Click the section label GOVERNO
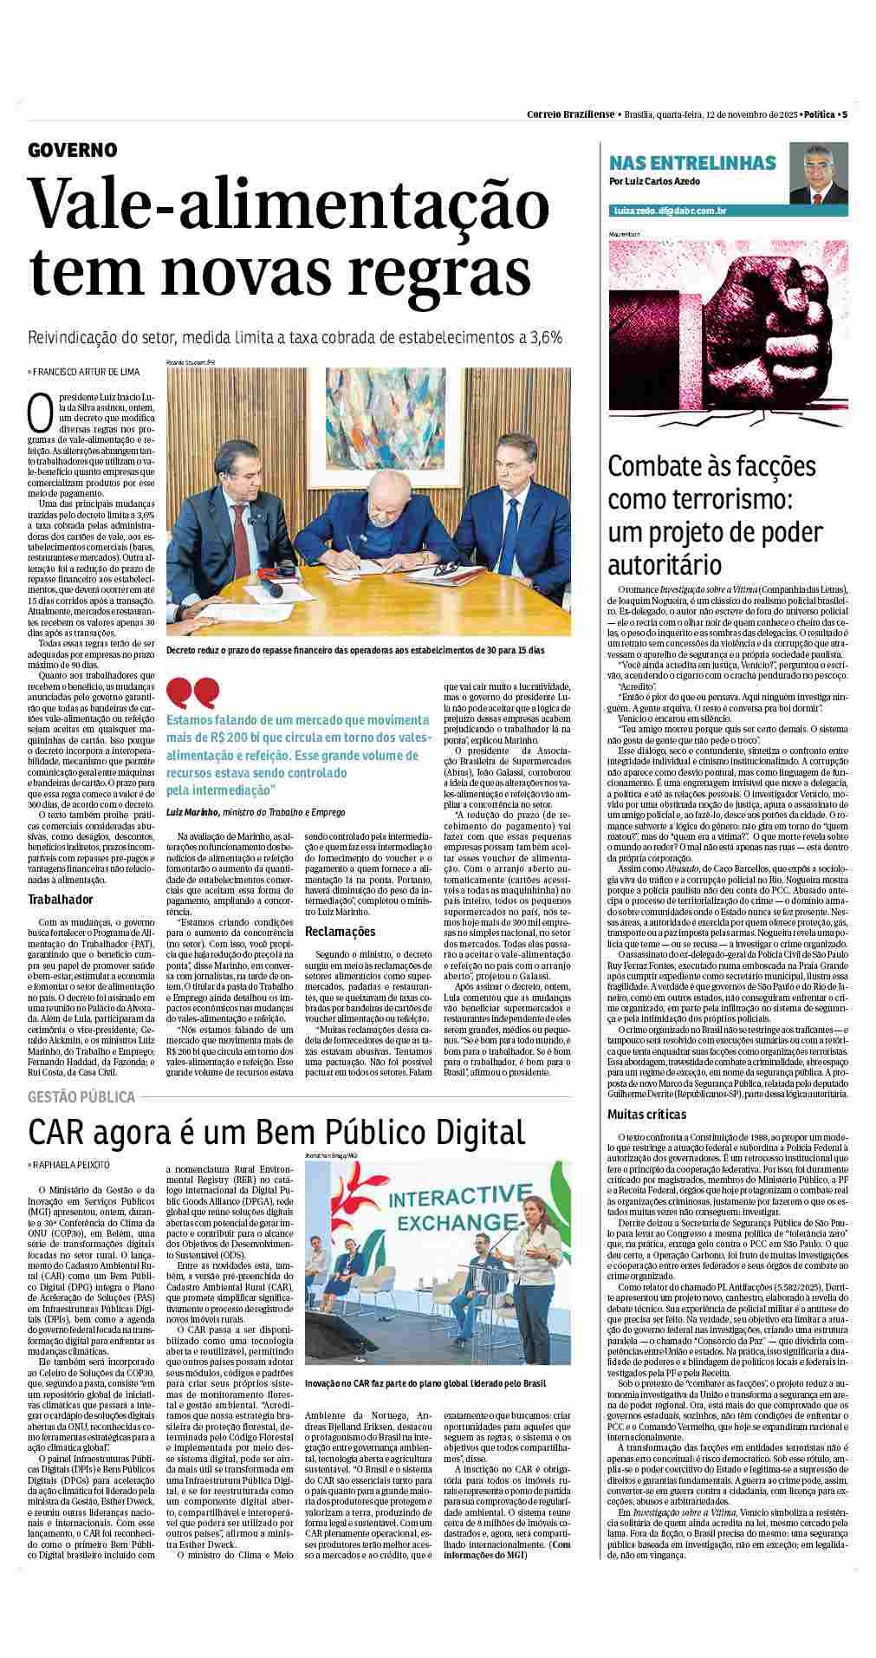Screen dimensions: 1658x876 click(73, 150)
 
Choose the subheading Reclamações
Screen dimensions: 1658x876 click(341, 932)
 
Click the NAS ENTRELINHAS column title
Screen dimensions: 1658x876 click(693, 162)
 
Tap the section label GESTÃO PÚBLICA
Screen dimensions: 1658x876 click(82, 1096)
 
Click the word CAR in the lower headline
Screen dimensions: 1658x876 click(57, 1132)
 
